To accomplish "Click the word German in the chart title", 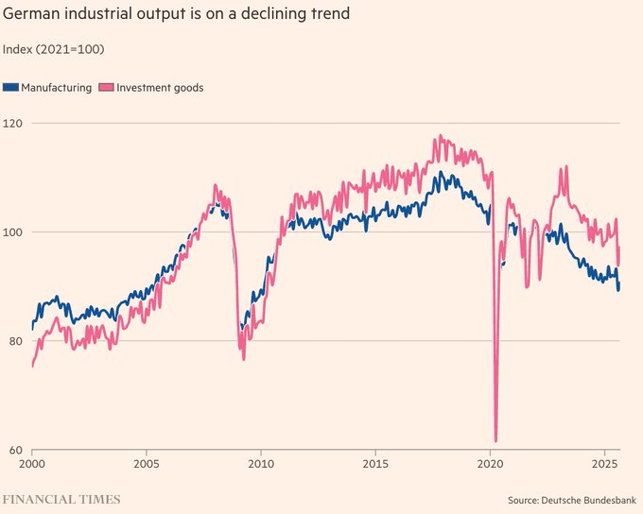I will click(32, 14).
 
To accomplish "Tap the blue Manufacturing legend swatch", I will click(10, 88).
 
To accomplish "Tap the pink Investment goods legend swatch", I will click(107, 88).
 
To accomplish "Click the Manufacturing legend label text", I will click(56, 88).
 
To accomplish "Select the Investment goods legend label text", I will click(160, 88).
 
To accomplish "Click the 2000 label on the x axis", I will click(33, 465).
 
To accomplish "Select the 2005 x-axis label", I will click(147, 465).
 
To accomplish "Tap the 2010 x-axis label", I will click(261, 465).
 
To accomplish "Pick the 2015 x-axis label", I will click(375, 465).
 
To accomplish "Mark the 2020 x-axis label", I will click(490, 465).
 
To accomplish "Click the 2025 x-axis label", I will click(604, 465).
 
